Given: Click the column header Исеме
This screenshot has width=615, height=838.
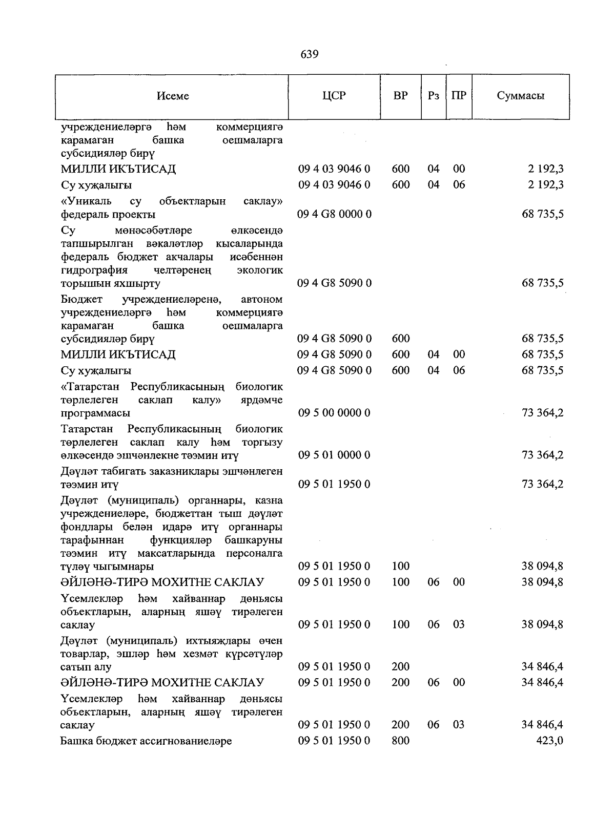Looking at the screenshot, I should [173, 96].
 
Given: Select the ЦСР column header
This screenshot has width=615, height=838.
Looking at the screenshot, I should [334, 96].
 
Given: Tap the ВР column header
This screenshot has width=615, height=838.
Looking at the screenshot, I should [400, 96].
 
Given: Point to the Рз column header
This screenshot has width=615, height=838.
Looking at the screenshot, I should [433, 96].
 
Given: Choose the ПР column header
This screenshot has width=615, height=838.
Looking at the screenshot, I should [459, 96].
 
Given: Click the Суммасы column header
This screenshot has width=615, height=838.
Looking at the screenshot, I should [520, 96].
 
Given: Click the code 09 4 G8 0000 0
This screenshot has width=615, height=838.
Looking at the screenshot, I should [334, 214].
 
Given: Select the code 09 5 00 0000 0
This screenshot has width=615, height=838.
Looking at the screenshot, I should [334, 413].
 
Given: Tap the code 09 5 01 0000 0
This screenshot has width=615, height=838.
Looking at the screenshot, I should [334, 455].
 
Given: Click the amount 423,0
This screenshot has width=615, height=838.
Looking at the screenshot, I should [550, 741].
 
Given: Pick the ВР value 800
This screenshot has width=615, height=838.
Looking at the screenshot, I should [400, 741].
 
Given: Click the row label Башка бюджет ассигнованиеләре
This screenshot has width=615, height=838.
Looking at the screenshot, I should [146, 741].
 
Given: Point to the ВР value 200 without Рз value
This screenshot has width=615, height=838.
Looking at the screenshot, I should [400, 667].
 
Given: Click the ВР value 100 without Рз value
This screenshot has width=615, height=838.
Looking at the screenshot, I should [400, 567].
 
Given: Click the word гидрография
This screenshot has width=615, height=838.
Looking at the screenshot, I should [94, 270].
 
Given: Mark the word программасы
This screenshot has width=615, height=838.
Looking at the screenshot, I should [95, 413].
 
